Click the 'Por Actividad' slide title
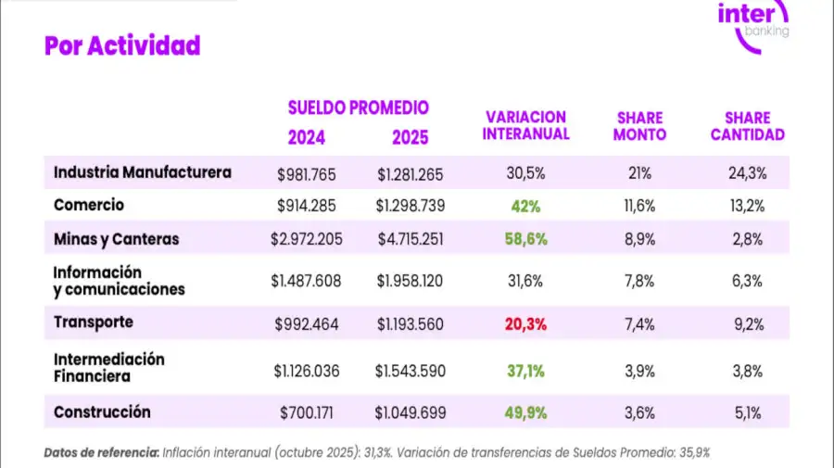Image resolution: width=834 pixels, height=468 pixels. pyautogui.click(x=122, y=45)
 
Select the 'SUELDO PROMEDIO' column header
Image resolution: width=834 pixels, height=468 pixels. pyautogui.click(x=358, y=108)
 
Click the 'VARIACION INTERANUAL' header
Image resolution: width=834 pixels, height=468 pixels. pyautogui.click(x=526, y=126)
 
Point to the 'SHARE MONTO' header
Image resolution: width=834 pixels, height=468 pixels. pyautogui.click(x=639, y=126)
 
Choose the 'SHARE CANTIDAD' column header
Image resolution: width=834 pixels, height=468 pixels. pyautogui.click(x=747, y=126)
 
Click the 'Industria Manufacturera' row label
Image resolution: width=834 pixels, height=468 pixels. pyautogui.click(x=143, y=172)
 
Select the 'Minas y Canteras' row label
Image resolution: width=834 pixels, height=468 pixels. pyautogui.click(x=116, y=239)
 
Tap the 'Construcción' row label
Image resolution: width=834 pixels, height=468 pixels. pyautogui.click(x=102, y=412)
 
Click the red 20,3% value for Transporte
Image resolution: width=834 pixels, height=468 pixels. pyautogui.click(x=525, y=324)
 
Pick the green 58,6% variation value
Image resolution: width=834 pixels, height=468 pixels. pyautogui.click(x=525, y=239)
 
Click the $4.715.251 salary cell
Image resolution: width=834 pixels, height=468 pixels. pyautogui.click(x=411, y=239)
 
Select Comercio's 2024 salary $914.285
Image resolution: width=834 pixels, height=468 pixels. pyautogui.click(x=308, y=206)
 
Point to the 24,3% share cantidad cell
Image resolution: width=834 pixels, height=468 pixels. pyautogui.click(x=747, y=173)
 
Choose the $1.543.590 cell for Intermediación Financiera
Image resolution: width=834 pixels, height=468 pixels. pyautogui.click(x=411, y=371)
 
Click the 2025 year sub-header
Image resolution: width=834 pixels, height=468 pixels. pyautogui.click(x=411, y=138)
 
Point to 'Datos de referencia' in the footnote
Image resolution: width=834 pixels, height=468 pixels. pyautogui.click(x=101, y=453)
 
